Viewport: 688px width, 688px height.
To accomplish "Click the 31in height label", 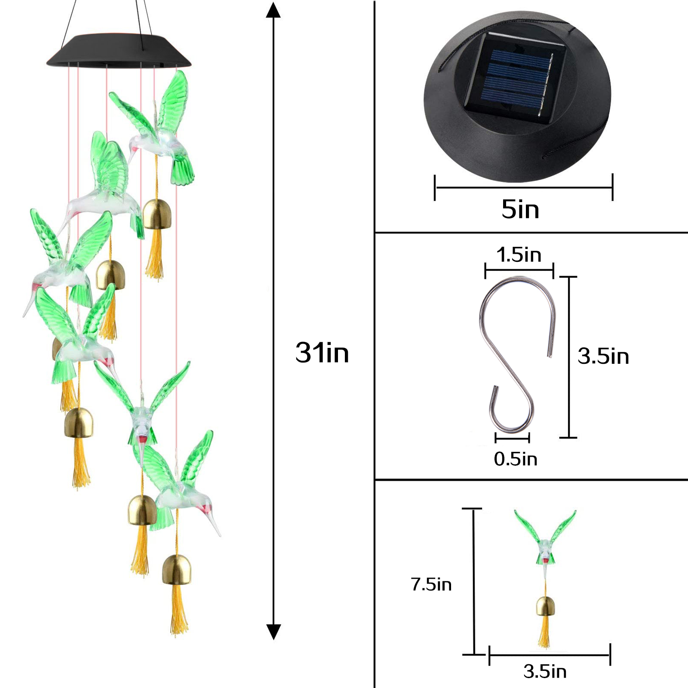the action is click(322, 353).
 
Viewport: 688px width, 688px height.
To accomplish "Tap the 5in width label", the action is click(520, 209).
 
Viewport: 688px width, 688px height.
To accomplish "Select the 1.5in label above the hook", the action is click(519, 255).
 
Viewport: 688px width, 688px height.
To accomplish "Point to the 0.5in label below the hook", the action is click(516, 459).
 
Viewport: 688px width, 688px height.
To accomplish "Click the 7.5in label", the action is click(431, 584).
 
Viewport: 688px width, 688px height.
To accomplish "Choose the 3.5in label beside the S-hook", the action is click(603, 356).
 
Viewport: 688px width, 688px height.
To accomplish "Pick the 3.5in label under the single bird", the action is click(545, 671).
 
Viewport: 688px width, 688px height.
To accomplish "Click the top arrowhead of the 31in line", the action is click(273, 10).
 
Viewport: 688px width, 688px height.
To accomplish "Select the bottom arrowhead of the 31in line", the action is click(273, 632).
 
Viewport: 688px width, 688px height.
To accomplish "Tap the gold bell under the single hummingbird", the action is click(545, 606).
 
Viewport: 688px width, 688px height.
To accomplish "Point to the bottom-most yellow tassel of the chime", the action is click(178, 609).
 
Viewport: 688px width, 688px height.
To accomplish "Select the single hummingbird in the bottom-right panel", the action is click(545, 542).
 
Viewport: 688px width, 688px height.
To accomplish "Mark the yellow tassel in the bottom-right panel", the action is click(544, 632).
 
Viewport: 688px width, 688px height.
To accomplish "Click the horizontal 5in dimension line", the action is click(524, 187).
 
